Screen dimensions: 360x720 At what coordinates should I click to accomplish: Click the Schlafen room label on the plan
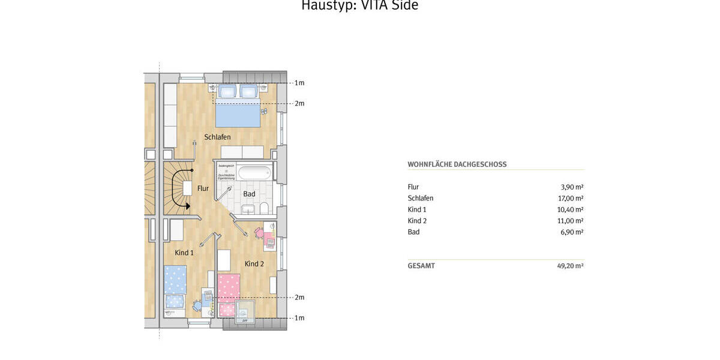[217, 137]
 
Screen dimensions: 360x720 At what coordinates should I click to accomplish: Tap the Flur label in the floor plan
[203, 188]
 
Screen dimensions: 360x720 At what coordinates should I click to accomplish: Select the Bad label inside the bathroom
[249, 194]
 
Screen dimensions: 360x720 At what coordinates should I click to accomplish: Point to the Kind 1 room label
[184, 253]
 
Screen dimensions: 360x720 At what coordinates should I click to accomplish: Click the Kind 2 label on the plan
[254, 263]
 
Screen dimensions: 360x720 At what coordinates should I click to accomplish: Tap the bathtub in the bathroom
[254, 173]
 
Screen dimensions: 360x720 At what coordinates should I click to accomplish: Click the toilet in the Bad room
[264, 209]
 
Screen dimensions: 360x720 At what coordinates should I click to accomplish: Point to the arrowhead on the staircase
[187, 206]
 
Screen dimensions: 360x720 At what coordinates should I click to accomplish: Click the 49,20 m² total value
[570, 266]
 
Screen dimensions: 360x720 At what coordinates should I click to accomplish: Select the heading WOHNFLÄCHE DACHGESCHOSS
[457, 164]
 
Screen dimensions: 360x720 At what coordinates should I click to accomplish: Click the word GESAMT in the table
[421, 266]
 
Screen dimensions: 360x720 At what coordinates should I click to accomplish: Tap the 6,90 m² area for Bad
[572, 232]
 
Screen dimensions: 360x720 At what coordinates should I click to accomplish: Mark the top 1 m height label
[299, 83]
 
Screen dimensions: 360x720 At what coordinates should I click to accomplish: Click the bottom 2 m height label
[299, 298]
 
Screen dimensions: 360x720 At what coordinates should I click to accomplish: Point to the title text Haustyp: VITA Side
[359, 6]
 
